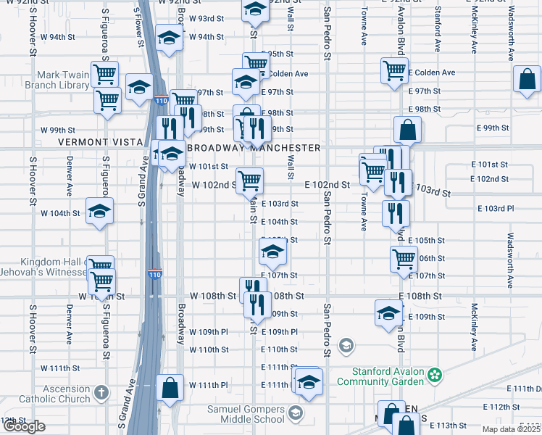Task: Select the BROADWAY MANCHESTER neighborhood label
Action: click(x=254, y=148)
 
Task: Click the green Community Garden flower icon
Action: click(x=434, y=376)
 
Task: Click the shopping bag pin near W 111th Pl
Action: click(x=170, y=388)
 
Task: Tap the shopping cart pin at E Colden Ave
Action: click(x=394, y=71)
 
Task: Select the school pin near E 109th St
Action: click(x=388, y=313)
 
